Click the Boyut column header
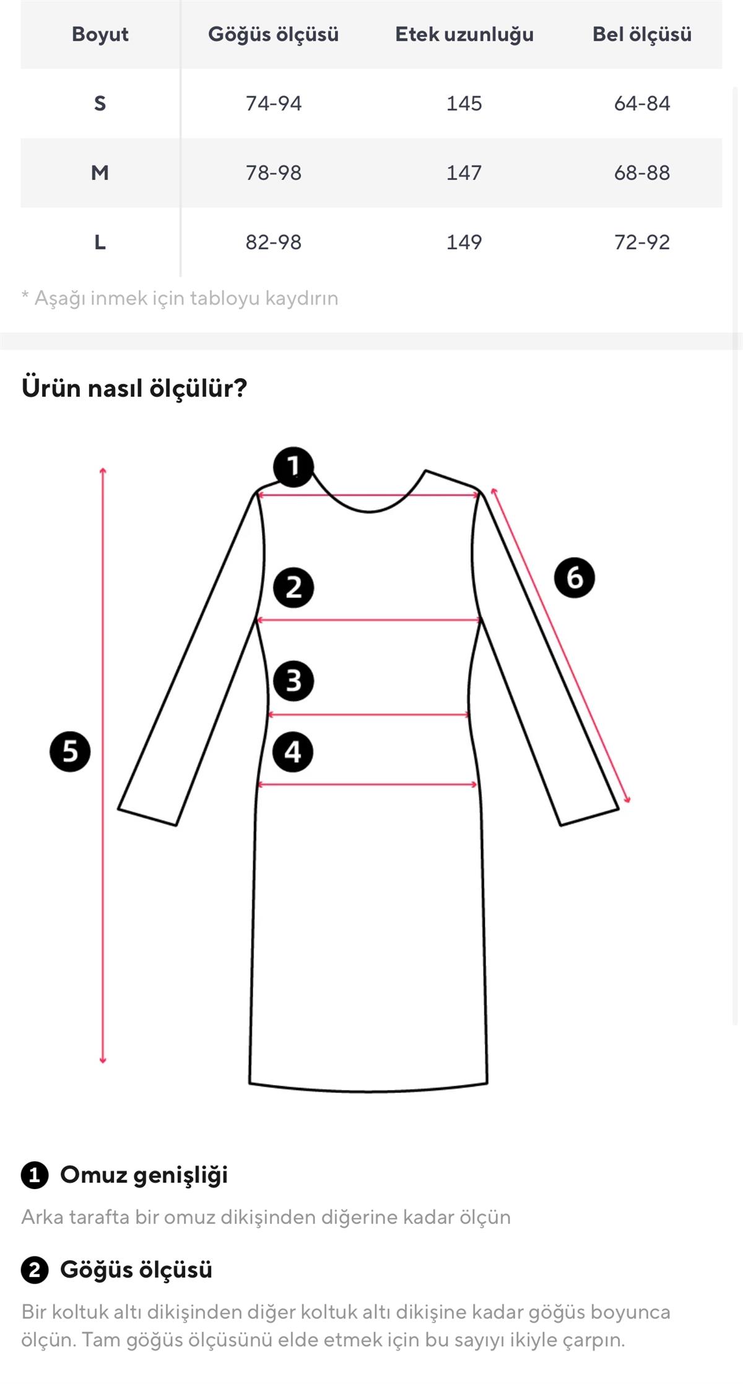(100, 34)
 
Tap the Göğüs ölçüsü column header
(273, 34)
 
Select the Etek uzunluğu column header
(464, 34)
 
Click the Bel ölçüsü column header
(641, 34)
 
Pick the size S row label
(100, 103)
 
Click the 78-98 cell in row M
(273, 173)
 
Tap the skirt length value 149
(464, 242)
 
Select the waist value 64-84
(641, 103)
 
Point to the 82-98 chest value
(273, 242)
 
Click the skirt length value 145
(464, 103)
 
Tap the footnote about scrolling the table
(180, 298)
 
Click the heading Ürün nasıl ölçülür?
(134, 388)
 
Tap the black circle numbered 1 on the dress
(293, 467)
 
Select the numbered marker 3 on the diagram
(293, 681)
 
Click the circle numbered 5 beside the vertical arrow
(70, 751)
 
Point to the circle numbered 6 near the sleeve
(574, 577)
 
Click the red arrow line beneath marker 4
(368, 784)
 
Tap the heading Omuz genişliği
(144, 1175)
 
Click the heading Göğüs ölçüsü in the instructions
(136, 1269)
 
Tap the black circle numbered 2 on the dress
(293, 587)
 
